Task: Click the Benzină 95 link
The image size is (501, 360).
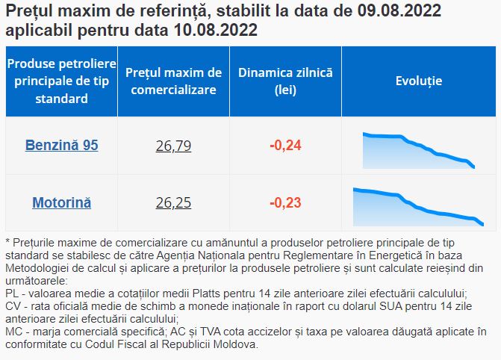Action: point(62,145)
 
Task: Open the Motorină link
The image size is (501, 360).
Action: point(62,202)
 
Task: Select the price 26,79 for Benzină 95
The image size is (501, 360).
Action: point(173,146)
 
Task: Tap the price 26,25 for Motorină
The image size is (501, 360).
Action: point(173,202)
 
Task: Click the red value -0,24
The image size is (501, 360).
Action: point(285,146)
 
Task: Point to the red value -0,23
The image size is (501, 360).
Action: point(285,202)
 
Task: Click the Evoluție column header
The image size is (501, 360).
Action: point(419,81)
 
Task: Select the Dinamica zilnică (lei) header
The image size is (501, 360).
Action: point(285,81)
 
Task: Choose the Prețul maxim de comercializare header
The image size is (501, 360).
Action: point(173,81)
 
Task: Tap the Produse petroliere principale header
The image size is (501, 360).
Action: point(62,81)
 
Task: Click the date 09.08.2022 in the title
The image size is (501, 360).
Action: point(399,11)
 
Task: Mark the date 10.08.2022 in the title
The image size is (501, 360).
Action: point(216,31)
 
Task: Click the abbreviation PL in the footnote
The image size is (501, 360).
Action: point(13,294)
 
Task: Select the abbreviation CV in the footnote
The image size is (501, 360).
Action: point(13,306)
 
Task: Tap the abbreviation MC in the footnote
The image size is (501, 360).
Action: point(13,332)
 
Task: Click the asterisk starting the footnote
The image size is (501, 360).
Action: point(7,241)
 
